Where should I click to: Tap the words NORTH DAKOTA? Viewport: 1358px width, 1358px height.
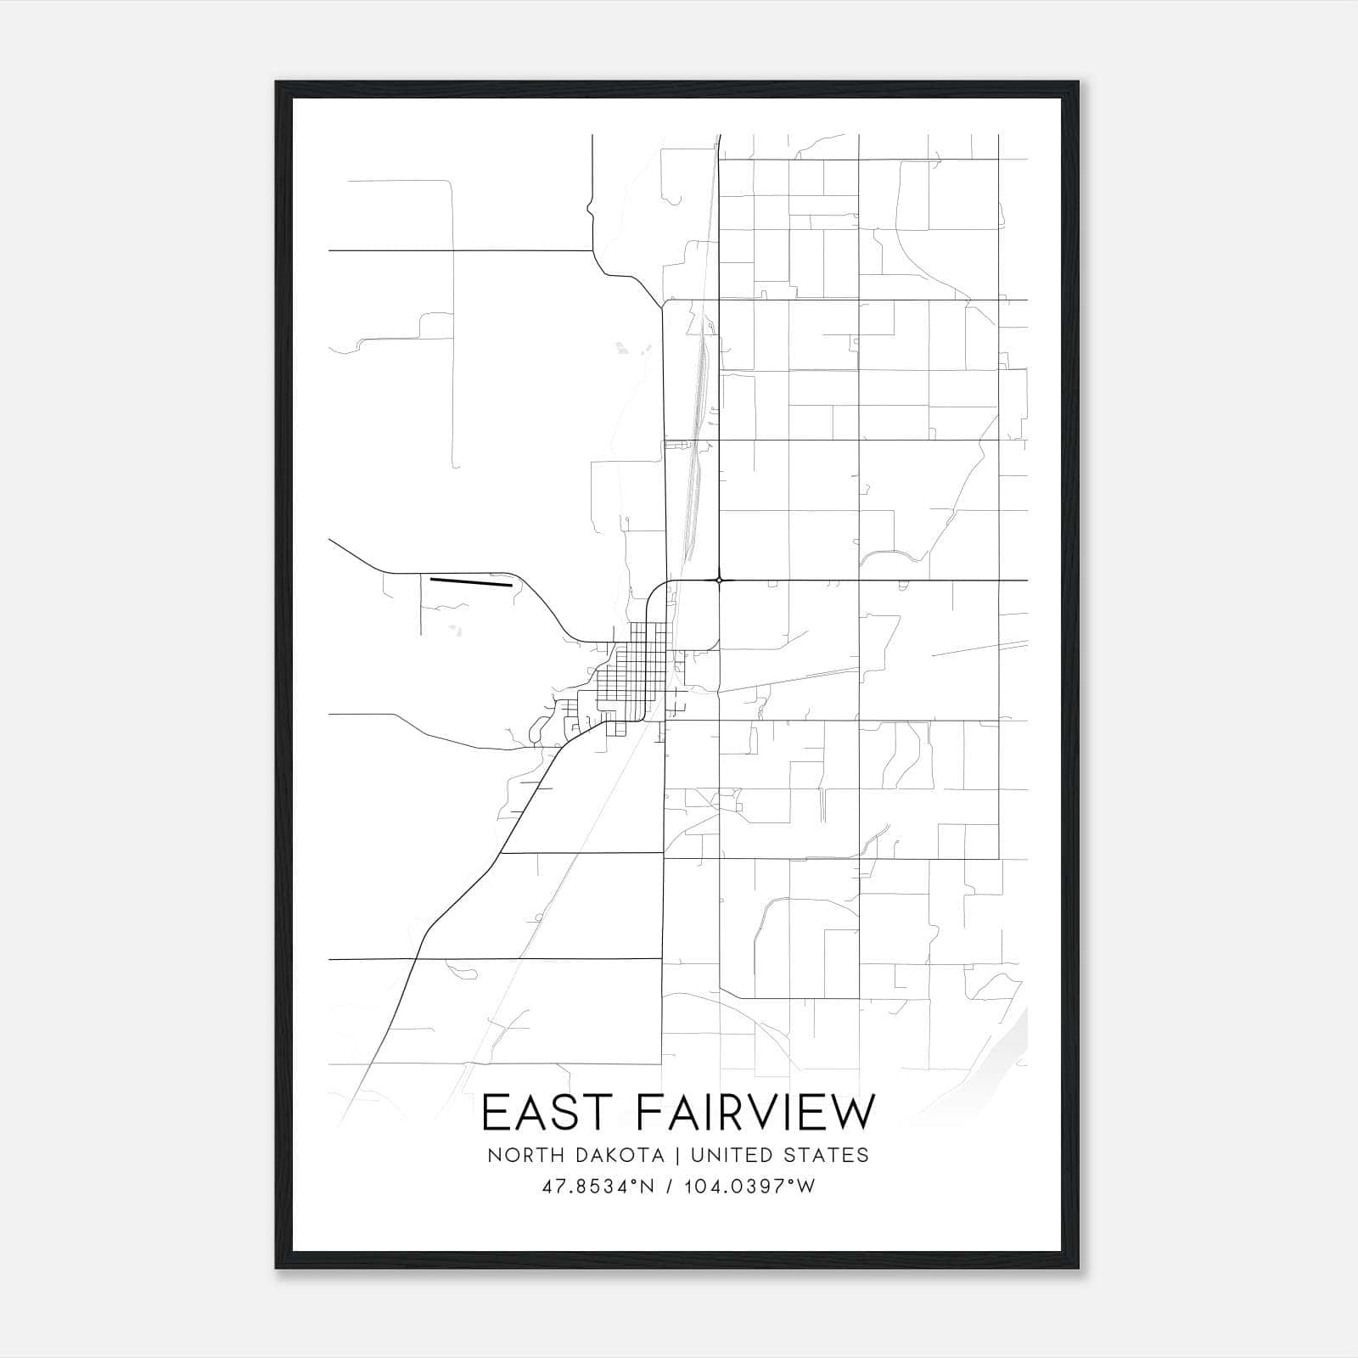click(x=575, y=1155)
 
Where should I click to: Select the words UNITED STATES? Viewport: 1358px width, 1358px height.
click(x=780, y=1155)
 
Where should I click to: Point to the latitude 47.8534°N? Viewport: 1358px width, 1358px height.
click(x=598, y=1187)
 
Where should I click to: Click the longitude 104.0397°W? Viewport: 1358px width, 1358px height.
click(x=748, y=1187)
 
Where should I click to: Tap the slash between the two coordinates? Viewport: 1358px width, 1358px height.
click(x=671, y=1187)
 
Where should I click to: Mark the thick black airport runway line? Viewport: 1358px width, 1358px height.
click(x=471, y=582)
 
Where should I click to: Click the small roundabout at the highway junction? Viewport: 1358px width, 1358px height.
click(x=719, y=581)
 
